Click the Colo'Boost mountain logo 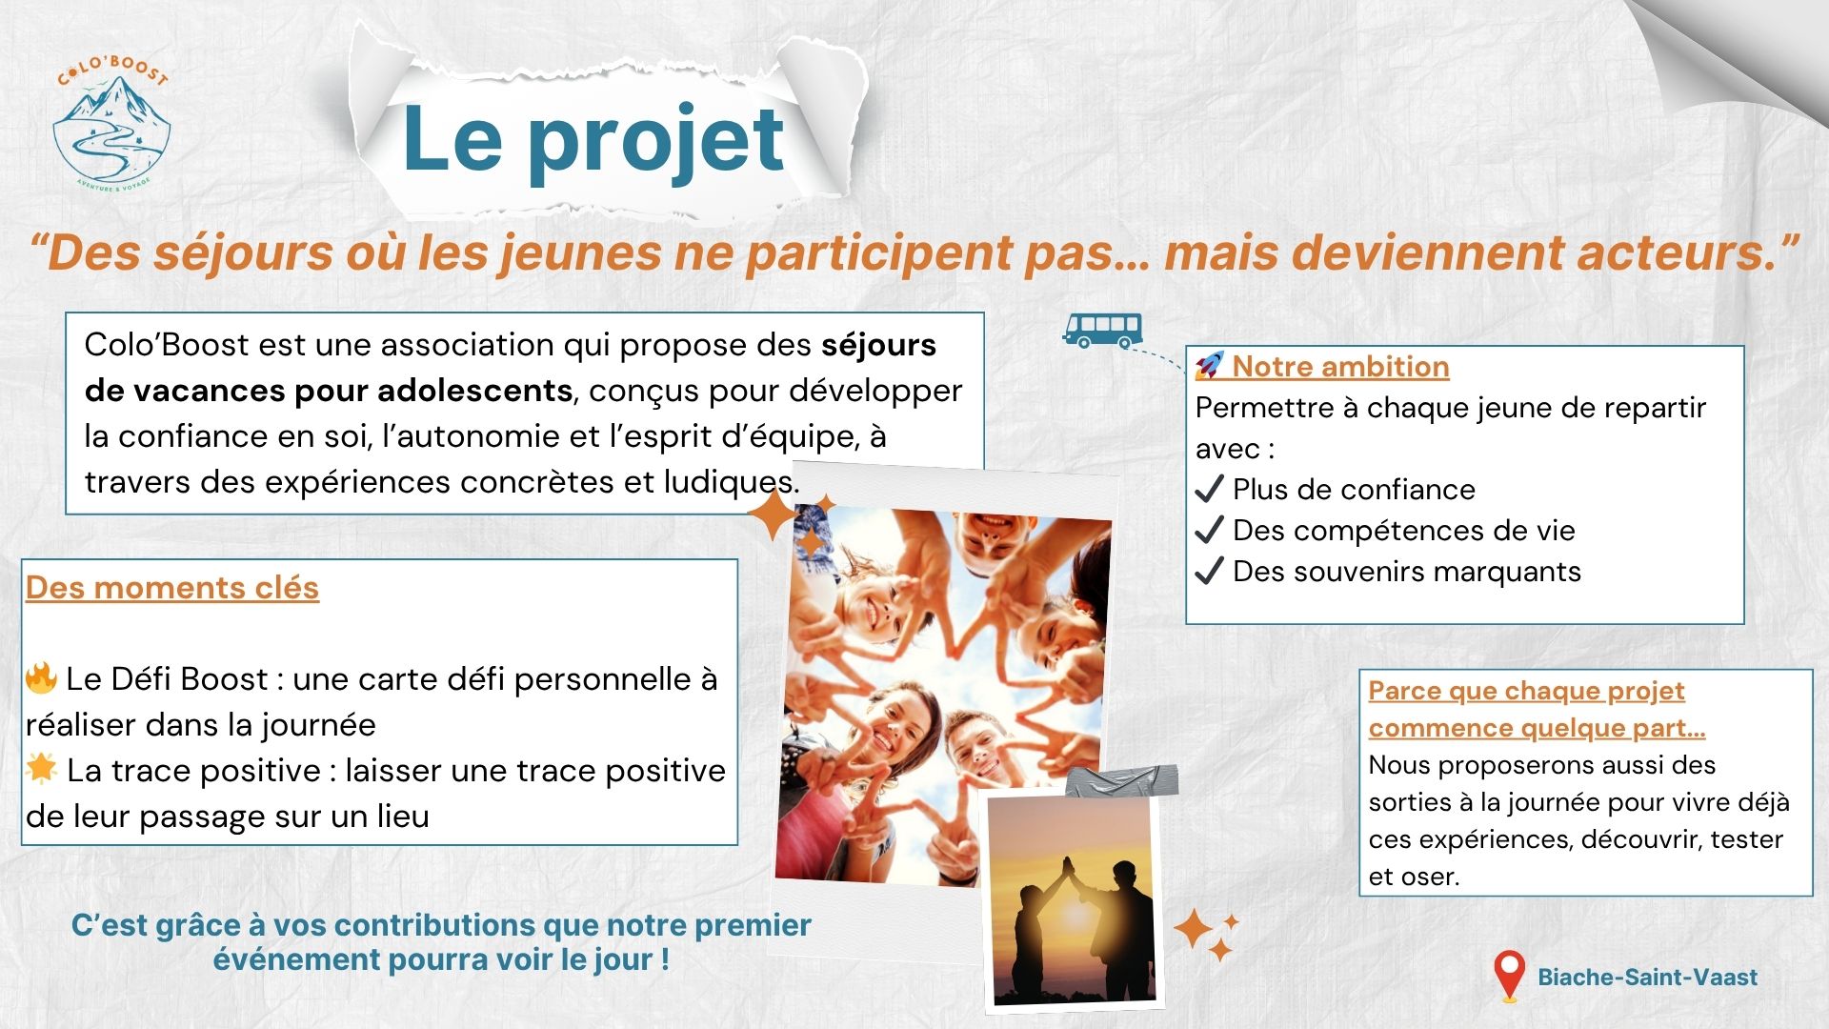pos(112,122)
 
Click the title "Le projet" pos(593,140)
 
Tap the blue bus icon pos(1102,330)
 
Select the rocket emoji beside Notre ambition pos(1209,366)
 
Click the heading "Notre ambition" pos(1340,366)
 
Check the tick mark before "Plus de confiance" pos(1209,489)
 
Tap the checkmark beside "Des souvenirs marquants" pos(1209,571)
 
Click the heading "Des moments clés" pos(172,588)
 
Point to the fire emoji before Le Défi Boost pos(42,677)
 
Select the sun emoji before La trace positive pos(42,768)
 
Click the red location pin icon pos(1509,976)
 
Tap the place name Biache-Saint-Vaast pos(1648,977)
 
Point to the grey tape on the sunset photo pos(1121,781)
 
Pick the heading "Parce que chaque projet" pos(1526,691)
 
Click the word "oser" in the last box pos(1429,877)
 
